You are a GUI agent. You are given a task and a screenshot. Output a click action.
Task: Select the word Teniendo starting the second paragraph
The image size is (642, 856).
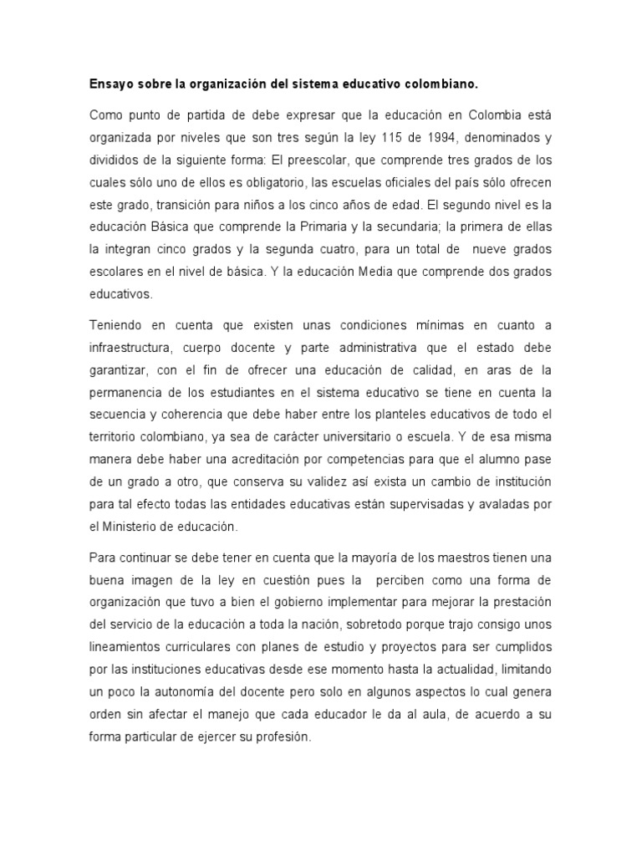120,324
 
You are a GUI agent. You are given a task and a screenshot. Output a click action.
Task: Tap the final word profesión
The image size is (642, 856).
281,738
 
